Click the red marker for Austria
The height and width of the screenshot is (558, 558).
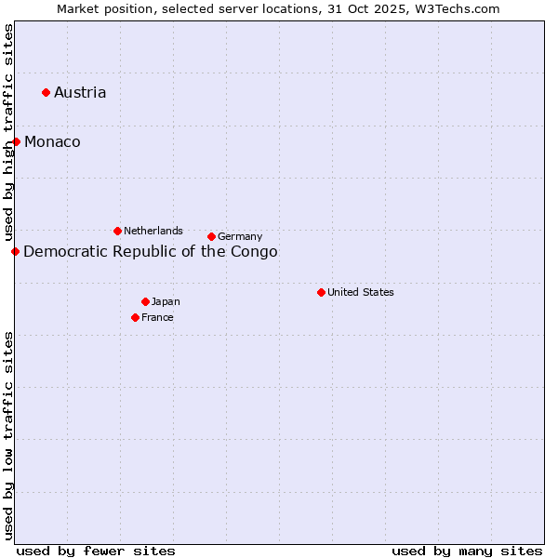[46, 92]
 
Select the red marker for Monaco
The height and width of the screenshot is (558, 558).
[16, 141]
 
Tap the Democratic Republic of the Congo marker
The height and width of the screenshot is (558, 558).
[15, 251]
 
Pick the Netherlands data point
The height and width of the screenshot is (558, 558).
[117, 231]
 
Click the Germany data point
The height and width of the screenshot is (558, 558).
[211, 236]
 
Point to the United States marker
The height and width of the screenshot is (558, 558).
[321, 292]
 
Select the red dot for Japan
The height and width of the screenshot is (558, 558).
[145, 301]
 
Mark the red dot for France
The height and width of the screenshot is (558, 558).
[135, 317]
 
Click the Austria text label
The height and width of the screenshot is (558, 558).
[80, 92]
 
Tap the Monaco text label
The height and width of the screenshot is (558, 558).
[52, 141]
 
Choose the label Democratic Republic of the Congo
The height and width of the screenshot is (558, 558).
[150, 251]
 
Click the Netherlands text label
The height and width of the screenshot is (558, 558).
[153, 231]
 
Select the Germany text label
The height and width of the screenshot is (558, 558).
[240, 236]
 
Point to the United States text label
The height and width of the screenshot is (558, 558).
[361, 292]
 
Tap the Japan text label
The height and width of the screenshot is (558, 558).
[166, 301]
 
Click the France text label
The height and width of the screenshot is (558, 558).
[157, 317]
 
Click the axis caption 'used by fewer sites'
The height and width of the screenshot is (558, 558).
[96, 551]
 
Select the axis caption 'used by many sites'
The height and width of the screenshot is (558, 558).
[467, 551]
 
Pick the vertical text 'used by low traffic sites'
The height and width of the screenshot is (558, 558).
[8, 435]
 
